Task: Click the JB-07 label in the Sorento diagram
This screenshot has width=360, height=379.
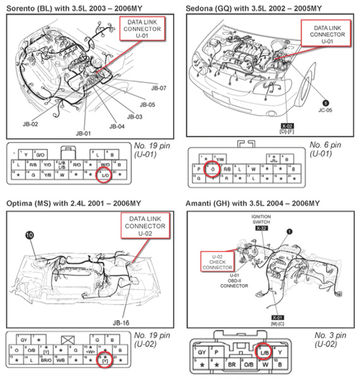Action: (x=159, y=88)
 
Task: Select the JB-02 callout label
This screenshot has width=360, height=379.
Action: (x=30, y=125)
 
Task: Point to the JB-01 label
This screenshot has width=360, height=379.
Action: (x=83, y=133)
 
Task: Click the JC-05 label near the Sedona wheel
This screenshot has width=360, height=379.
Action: (x=327, y=108)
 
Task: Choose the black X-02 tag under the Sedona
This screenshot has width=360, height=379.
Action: (x=269, y=126)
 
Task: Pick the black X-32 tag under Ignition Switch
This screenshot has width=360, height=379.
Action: (x=261, y=229)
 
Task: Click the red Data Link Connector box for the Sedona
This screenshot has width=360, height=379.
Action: (x=327, y=33)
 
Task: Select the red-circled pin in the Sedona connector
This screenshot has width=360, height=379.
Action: (x=213, y=169)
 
